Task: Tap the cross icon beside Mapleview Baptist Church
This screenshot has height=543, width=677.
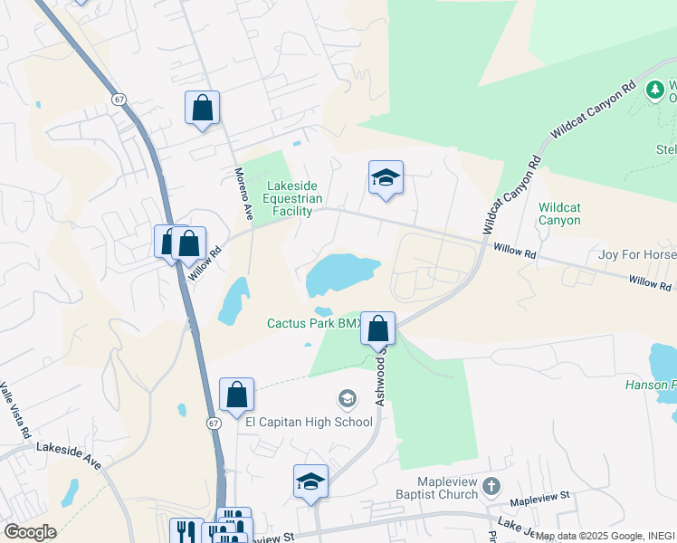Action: click(x=491, y=486)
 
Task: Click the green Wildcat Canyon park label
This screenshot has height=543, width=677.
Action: click(x=559, y=214)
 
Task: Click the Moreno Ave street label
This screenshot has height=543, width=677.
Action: click(x=243, y=195)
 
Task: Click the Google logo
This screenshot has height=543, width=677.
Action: click(x=30, y=532)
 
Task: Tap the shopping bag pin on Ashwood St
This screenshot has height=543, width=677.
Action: click(x=378, y=328)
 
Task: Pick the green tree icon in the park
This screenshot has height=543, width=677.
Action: click(x=654, y=90)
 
